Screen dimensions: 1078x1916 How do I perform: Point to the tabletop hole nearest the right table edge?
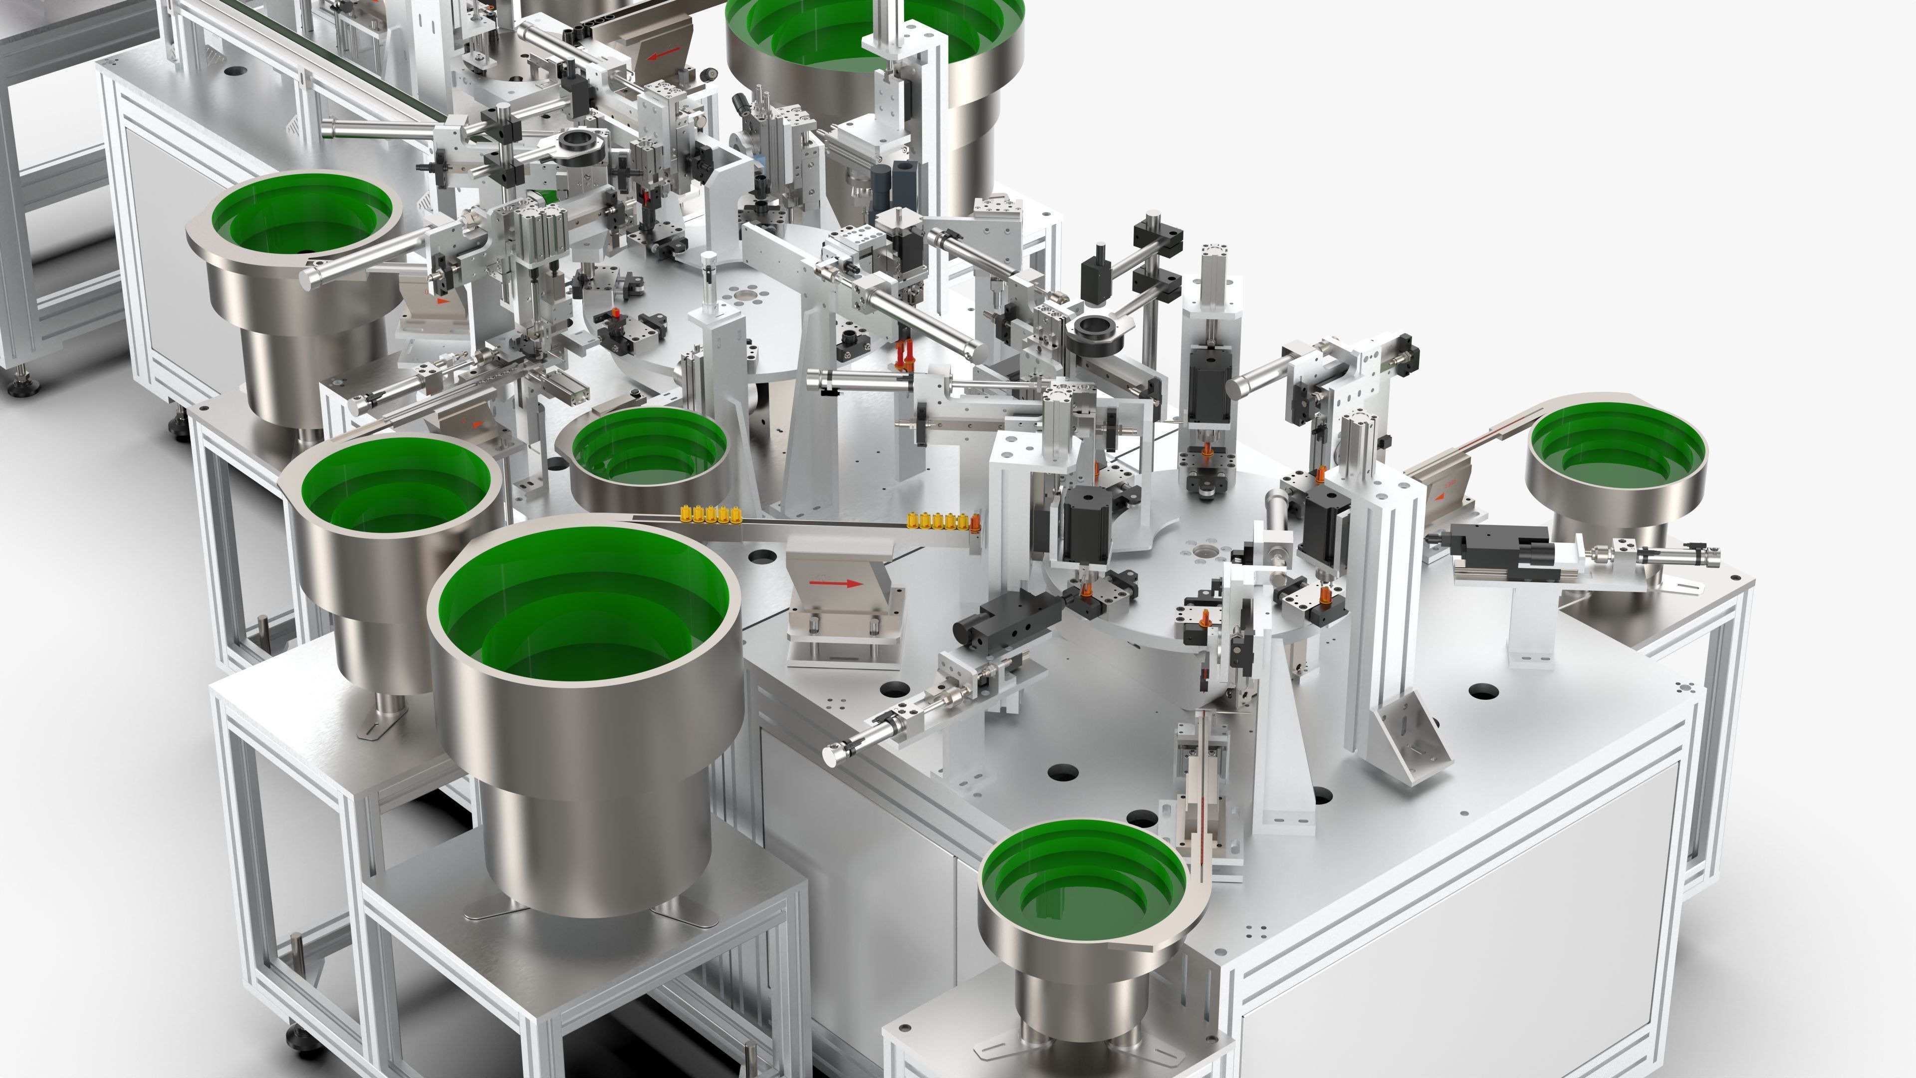(1484, 691)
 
